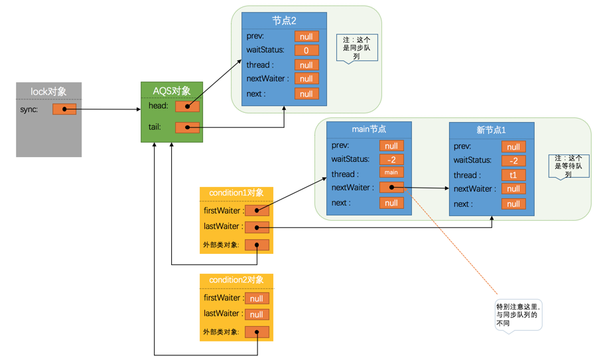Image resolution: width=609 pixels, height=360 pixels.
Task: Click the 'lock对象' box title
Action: pyautogui.click(x=48, y=91)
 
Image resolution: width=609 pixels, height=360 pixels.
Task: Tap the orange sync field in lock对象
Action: pyautogui.click(x=64, y=109)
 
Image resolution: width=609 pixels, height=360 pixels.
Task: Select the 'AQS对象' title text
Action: pyautogui.click(x=172, y=91)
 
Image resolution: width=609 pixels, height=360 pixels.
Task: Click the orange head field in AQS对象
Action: pyautogui.click(x=187, y=106)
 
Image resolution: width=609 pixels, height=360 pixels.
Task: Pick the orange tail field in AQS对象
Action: pyautogui.click(x=187, y=127)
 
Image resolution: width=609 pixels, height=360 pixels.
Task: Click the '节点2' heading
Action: pyautogui.click(x=284, y=21)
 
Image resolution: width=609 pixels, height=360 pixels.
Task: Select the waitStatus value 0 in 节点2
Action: pyautogui.click(x=306, y=50)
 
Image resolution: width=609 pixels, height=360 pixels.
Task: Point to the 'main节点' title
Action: pyautogui.click(x=369, y=129)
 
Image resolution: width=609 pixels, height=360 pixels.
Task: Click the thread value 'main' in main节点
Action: pyautogui.click(x=391, y=173)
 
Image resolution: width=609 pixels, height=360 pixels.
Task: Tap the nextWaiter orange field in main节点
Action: pyautogui.click(x=391, y=188)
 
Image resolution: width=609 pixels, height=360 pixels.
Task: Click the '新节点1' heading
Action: pyautogui.click(x=491, y=130)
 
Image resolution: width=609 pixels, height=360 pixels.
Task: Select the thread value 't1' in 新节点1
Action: pyautogui.click(x=513, y=176)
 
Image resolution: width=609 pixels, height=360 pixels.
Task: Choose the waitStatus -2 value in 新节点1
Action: pyautogui.click(x=513, y=160)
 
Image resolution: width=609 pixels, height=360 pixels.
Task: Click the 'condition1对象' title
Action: pyautogui.click(x=236, y=193)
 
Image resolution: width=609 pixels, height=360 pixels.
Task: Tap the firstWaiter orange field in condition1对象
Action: pyautogui.click(x=257, y=211)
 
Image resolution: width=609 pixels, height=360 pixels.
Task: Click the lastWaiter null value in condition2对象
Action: pyautogui.click(x=257, y=314)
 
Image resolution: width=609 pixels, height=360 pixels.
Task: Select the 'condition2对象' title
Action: pyautogui.click(x=236, y=280)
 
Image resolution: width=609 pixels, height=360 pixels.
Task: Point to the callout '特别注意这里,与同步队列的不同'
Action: pyautogui.click(x=518, y=312)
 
